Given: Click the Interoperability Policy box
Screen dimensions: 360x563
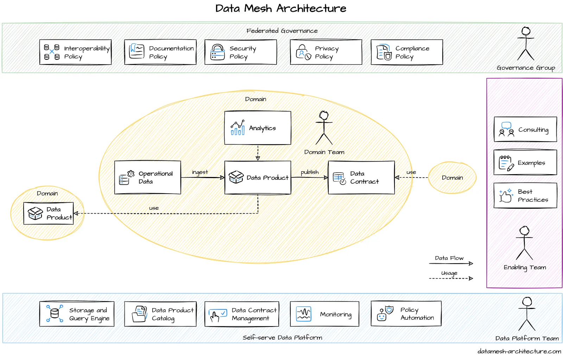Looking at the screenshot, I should click(x=75, y=52).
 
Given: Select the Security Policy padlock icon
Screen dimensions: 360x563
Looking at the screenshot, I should click(x=217, y=52).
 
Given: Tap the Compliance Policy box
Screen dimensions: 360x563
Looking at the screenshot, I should click(x=406, y=52).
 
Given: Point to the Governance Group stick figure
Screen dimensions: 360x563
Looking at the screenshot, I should click(x=526, y=44).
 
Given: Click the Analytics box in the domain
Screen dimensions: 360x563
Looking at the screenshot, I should click(x=258, y=128).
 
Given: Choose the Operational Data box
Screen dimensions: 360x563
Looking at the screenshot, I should click(x=147, y=177).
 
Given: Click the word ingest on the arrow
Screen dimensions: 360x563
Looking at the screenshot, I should click(x=200, y=172).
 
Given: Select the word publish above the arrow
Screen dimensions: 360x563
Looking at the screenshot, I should click(x=310, y=172).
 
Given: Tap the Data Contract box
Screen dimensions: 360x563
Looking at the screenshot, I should click(x=361, y=177).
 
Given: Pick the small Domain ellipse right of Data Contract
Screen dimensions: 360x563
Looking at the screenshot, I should click(x=452, y=178).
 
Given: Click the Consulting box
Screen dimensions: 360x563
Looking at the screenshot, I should click(x=525, y=130).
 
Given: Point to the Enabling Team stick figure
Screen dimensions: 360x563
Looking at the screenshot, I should click(x=524, y=243).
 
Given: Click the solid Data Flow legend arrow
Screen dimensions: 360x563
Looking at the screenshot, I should click(x=451, y=263).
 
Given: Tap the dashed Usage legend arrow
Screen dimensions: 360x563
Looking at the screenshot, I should click(x=451, y=278).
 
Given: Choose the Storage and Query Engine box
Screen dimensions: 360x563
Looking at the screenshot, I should click(x=77, y=314).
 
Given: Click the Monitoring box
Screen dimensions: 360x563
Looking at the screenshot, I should click(x=324, y=314).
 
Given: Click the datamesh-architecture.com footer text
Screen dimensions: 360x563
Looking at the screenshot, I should click(x=519, y=351).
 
